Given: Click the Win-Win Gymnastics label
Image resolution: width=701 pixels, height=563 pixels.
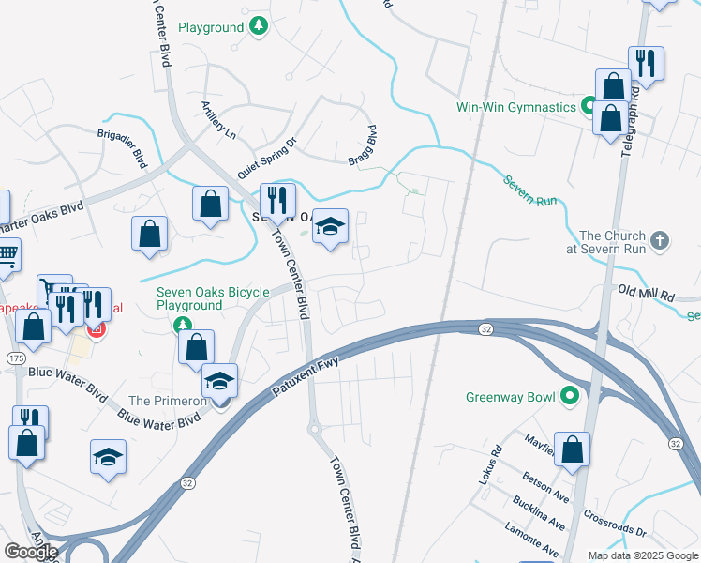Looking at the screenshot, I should pyautogui.click(x=515, y=107).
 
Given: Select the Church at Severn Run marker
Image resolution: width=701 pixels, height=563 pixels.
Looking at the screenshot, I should pyautogui.click(x=660, y=241).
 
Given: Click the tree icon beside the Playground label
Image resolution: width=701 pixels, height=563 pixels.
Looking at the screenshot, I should pyautogui.click(x=261, y=27).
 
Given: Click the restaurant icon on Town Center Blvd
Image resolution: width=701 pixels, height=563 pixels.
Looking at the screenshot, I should pyautogui.click(x=276, y=200).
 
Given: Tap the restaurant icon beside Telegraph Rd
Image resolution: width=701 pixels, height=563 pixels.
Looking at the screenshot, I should pyautogui.click(x=646, y=63).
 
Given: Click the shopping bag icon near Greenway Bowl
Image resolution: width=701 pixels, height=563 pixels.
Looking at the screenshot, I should pyautogui.click(x=572, y=448).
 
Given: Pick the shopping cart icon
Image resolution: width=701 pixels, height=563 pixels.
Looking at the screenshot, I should pyautogui.click(x=7, y=252).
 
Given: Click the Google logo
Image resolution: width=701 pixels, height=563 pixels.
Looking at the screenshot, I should pyautogui.click(x=31, y=552).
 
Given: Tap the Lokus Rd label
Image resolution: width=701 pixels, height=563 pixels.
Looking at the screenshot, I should pyautogui.click(x=490, y=469).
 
